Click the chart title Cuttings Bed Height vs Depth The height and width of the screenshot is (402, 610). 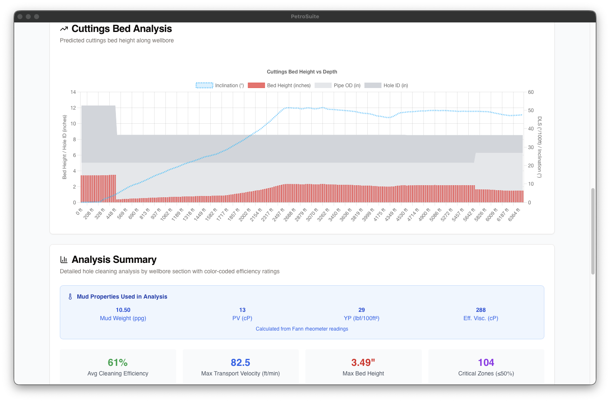(302, 72)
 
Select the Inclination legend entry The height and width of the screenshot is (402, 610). (220, 86)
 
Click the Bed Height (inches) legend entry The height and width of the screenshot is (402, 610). (279, 86)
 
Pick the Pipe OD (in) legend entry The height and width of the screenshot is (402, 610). (337, 86)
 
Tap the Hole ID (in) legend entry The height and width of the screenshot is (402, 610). (386, 86)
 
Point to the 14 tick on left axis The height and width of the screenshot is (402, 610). (73, 92)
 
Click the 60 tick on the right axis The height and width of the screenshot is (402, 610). (531, 92)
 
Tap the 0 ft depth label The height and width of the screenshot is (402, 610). (79, 212)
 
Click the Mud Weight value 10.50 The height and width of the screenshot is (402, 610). (123, 310)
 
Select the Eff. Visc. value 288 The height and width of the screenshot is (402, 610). (481, 310)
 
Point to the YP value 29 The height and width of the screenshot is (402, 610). (362, 310)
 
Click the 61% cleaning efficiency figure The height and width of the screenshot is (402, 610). (118, 363)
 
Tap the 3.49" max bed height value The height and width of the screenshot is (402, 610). (363, 363)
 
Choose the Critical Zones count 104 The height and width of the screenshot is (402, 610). (486, 363)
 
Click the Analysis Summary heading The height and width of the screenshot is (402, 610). (114, 260)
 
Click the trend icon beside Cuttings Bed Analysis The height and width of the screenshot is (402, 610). (64, 29)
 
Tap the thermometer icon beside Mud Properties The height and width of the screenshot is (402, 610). (70, 297)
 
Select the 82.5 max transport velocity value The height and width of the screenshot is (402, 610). (240, 363)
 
